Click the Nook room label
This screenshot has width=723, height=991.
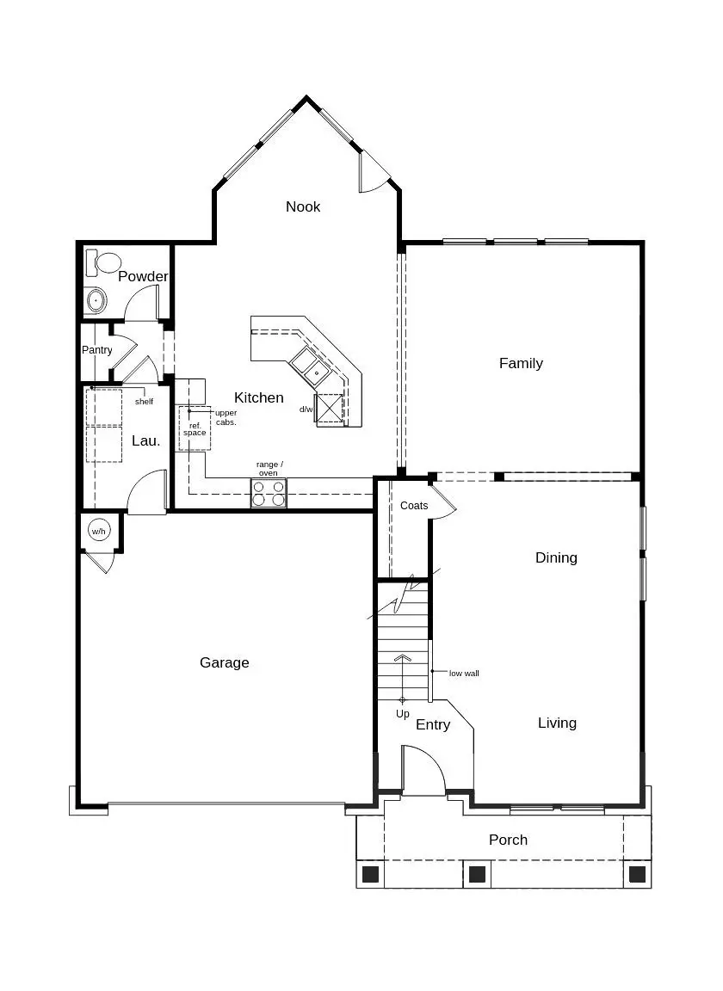pos(303,206)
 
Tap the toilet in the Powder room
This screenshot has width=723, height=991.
pos(107,262)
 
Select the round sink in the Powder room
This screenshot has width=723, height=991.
pos(96,301)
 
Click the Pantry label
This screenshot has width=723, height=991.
pos(97,350)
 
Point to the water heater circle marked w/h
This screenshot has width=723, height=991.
pos(99,532)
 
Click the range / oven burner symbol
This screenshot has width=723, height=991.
pos(269,493)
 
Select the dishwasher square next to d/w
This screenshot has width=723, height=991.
pos(330,409)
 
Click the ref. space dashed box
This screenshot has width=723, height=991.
pos(195,428)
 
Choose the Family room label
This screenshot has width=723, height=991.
pos(521,363)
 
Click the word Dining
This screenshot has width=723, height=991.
pos(556,557)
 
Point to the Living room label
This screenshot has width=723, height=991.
pos(557,723)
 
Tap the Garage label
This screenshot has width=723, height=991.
pos(225,662)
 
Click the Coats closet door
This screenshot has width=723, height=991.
pos(444,501)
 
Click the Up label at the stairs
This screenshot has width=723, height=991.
pos(403,714)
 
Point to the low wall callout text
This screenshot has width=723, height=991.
pos(464,673)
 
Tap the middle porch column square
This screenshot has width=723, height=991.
pos(477,874)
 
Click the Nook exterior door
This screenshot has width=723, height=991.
pos(374,172)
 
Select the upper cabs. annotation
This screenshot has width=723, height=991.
pos(226,417)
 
